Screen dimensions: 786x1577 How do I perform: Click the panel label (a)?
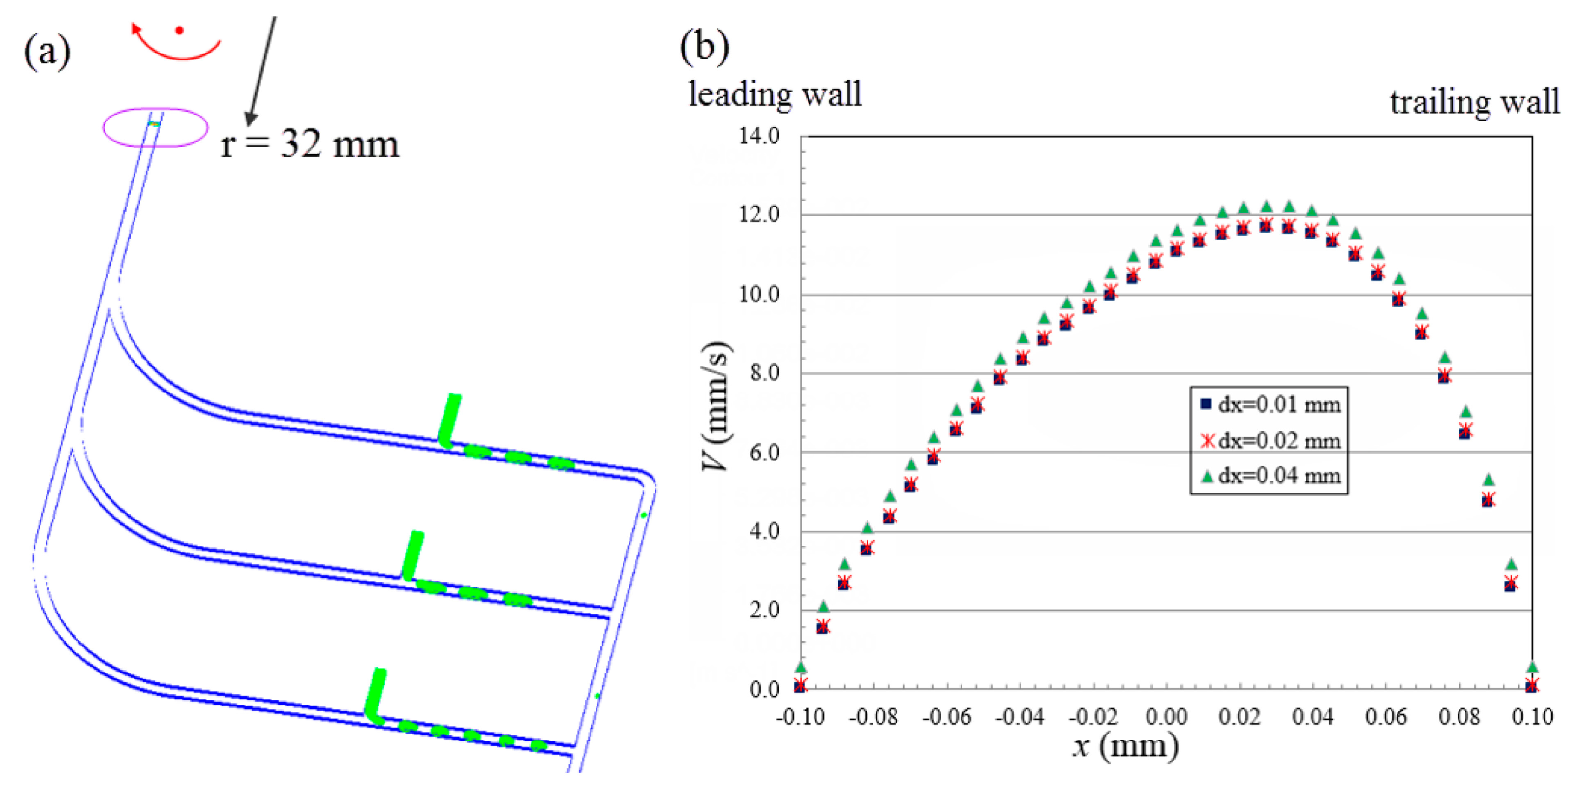(x=47, y=52)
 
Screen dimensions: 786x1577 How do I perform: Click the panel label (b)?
(x=705, y=47)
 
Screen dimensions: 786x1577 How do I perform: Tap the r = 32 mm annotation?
(x=310, y=145)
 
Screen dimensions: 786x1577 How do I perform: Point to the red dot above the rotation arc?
(x=179, y=30)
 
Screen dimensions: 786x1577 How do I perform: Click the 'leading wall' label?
(x=775, y=95)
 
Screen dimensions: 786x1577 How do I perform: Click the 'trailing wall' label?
(x=1474, y=102)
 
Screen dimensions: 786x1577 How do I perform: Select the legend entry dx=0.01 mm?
(x=1270, y=405)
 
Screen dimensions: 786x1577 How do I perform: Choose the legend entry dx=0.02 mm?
(x=1270, y=440)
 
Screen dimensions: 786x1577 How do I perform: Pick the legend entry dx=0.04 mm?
(x=1270, y=475)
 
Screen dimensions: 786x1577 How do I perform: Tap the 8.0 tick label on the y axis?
(x=764, y=373)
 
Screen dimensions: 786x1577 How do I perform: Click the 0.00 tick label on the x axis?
(x=1166, y=716)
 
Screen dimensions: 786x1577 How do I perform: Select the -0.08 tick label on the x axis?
(x=873, y=716)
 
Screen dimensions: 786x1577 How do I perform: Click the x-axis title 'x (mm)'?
(x=1125, y=747)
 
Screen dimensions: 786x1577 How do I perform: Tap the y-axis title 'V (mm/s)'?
(x=716, y=406)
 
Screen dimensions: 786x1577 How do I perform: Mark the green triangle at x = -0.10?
(x=800, y=667)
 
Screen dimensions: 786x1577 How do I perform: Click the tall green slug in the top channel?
(x=450, y=418)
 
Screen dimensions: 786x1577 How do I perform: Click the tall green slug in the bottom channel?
(x=375, y=694)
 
